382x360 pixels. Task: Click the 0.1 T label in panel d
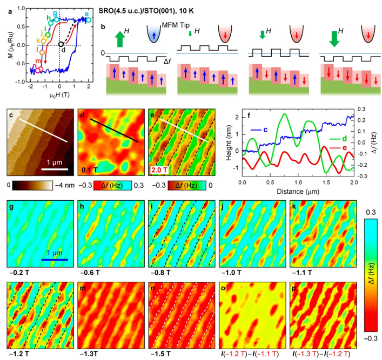89,169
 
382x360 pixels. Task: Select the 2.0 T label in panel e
158,169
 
